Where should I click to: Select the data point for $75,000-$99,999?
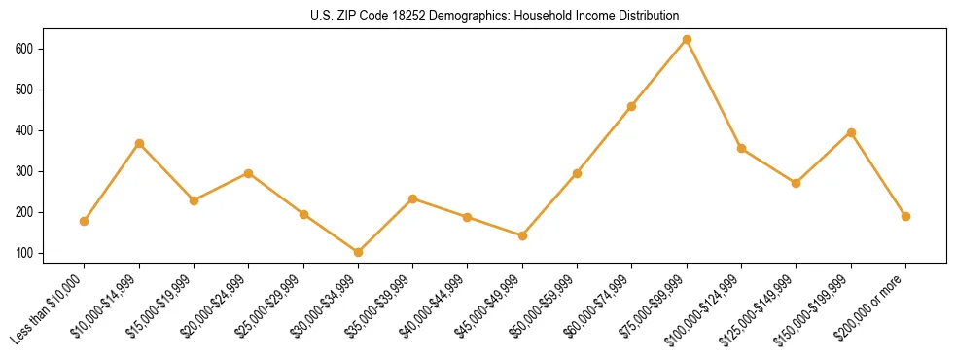[x=687, y=40]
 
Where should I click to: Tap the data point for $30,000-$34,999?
[x=358, y=252]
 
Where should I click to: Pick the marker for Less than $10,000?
[x=85, y=221]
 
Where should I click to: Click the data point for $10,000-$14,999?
[x=139, y=143]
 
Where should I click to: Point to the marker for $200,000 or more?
[x=905, y=216]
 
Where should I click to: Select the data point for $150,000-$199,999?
[x=851, y=132]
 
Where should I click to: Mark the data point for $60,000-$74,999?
[x=632, y=106]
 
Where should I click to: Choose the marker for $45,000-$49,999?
[x=522, y=235]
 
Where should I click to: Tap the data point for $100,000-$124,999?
[x=741, y=149]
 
